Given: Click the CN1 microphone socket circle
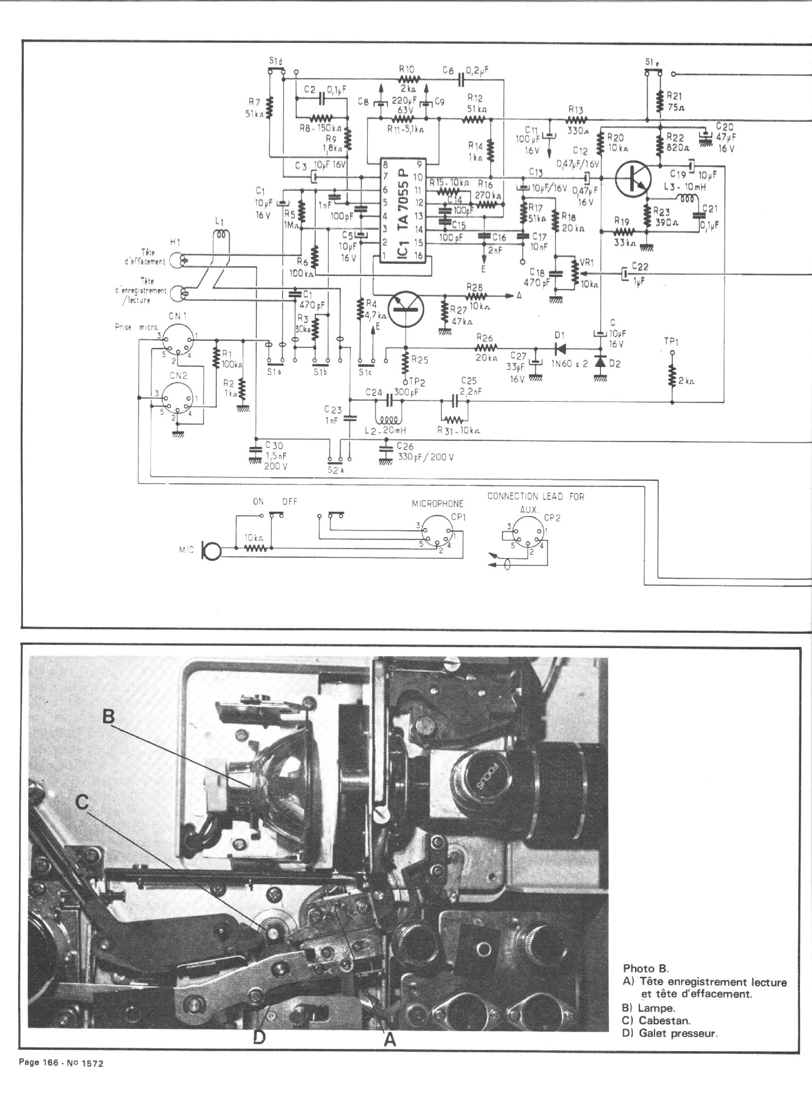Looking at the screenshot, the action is [x=177, y=339].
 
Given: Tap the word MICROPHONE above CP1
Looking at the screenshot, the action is [x=438, y=504].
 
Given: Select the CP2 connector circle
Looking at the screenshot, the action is [x=528, y=534].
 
